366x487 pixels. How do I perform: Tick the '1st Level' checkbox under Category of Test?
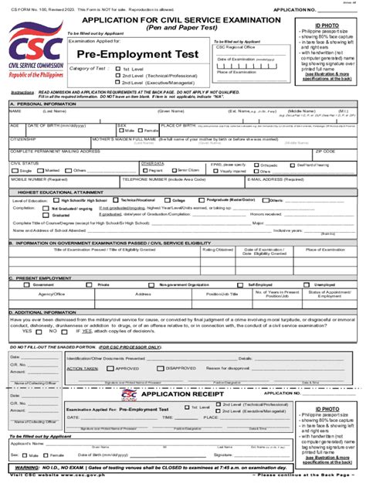click(x=117, y=68)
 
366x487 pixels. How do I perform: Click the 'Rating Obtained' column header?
click(x=218, y=250)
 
